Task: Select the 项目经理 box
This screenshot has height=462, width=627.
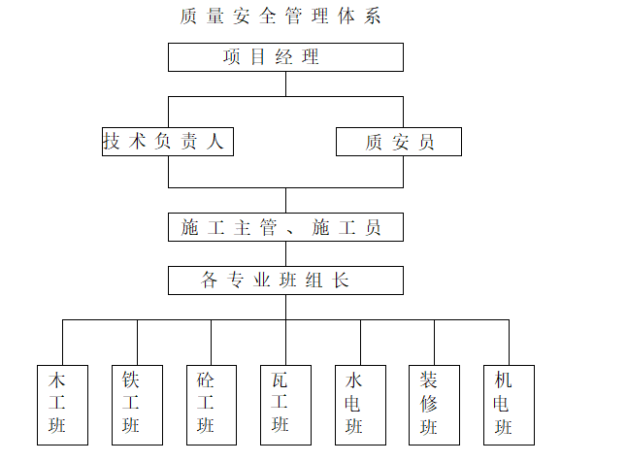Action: pyautogui.click(x=285, y=57)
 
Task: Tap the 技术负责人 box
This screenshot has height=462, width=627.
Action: pyautogui.click(x=168, y=142)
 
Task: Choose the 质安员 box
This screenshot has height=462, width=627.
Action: pyautogui.click(x=398, y=143)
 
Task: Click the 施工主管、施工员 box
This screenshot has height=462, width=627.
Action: pyautogui.click(x=285, y=228)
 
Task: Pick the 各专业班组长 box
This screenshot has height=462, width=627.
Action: pyautogui.click(x=285, y=281)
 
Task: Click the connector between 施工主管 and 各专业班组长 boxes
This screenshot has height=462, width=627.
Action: pyautogui.click(x=285, y=254)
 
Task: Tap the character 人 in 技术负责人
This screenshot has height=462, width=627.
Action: pyautogui.click(x=215, y=142)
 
